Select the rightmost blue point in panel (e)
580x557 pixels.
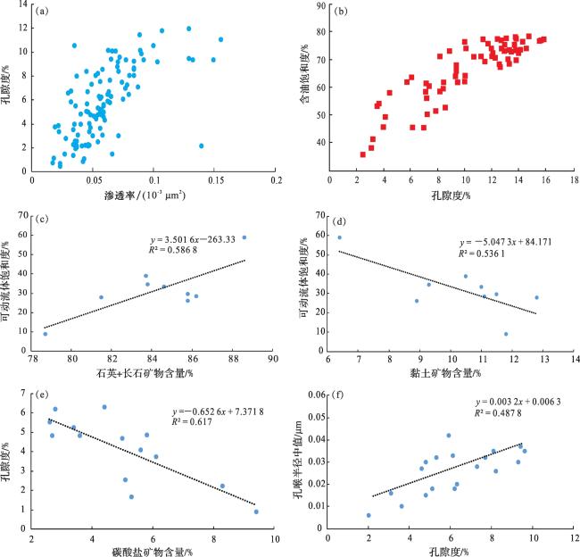click(256, 511)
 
